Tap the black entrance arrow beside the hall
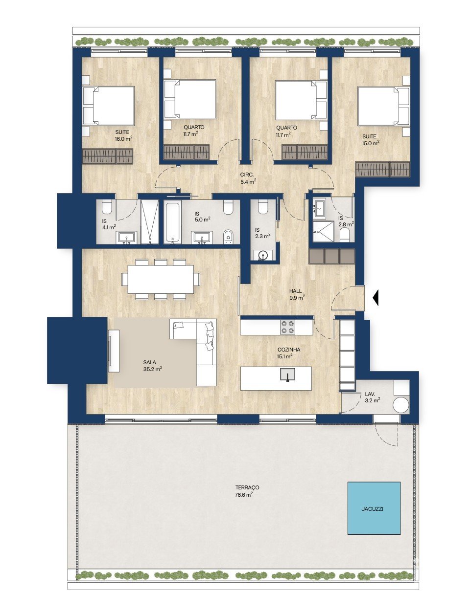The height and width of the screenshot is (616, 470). [x=376, y=297]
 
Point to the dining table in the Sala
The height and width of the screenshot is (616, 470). [x=161, y=279]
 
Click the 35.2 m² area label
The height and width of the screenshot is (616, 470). [x=153, y=369]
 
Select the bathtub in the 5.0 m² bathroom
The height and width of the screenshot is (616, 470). [x=172, y=222]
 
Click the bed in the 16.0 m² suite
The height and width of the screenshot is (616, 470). [x=108, y=106]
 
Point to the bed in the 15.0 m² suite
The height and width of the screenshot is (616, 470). [x=383, y=106]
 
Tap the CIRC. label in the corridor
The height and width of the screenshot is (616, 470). [x=247, y=175]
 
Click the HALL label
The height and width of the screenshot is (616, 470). [x=296, y=291]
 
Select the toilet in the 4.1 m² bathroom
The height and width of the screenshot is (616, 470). [x=107, y=207]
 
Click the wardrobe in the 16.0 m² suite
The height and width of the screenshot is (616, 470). [x=108, y=156]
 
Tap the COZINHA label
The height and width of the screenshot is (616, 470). [x=289, y=350]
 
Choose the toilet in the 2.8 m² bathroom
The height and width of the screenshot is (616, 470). [x=344, y=235]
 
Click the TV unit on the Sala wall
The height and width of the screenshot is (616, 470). [x=114, y=351]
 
